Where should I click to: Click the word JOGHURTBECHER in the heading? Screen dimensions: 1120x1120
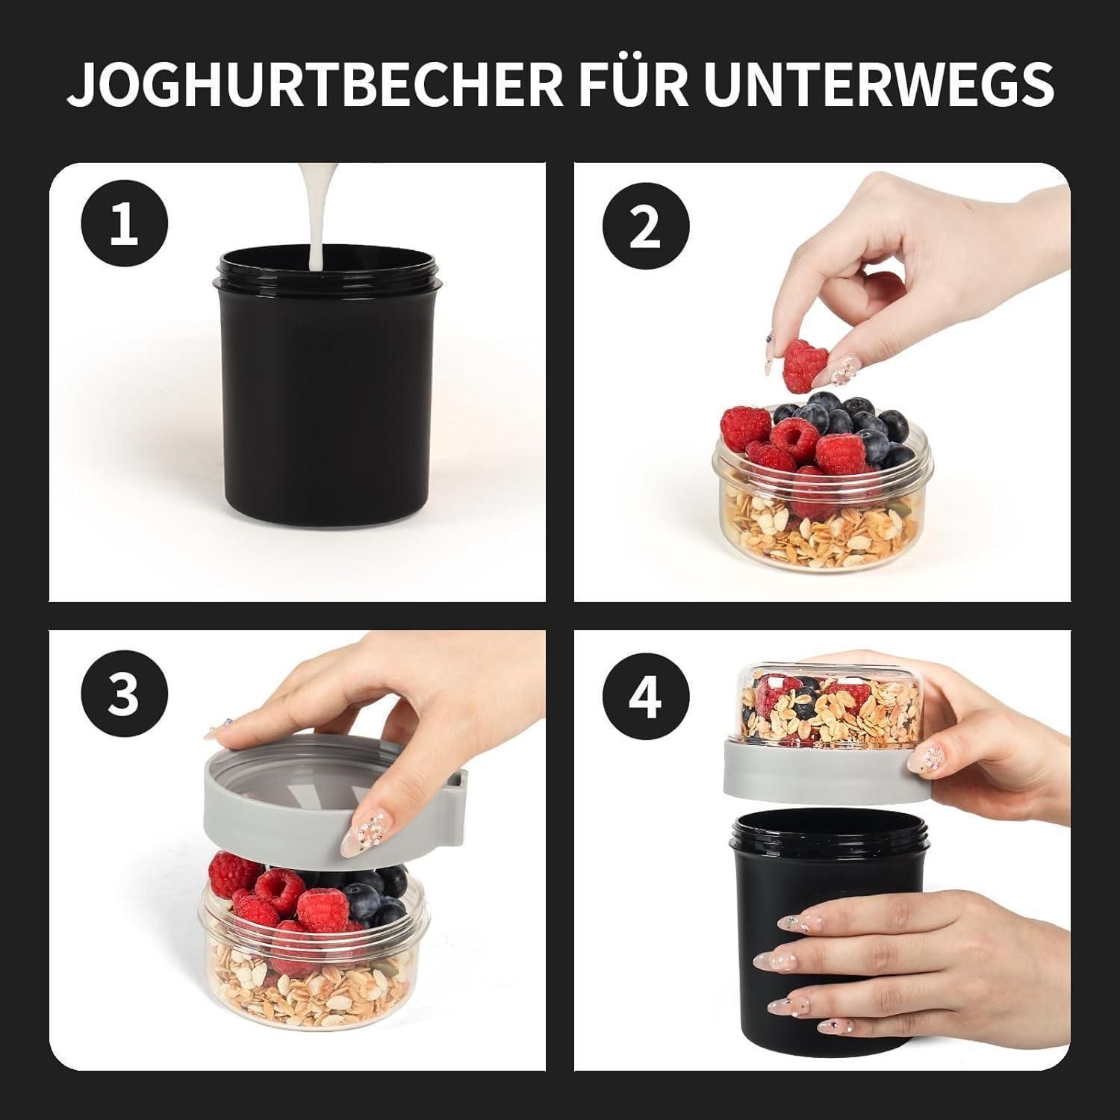point(314,84)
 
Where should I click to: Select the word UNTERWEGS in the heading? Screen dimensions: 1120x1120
point(879,84)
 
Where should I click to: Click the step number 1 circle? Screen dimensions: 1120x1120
point(125,225)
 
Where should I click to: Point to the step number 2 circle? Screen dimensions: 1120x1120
point(644,225)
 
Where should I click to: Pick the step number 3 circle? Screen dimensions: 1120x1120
point(125,692)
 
